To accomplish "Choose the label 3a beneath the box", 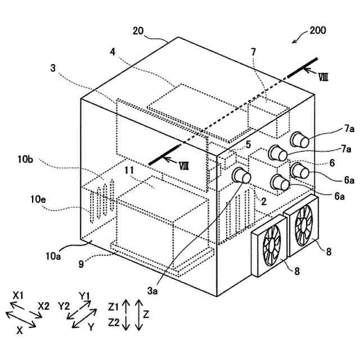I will (x=152, y=290).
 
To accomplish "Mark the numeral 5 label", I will (x=248, y=145).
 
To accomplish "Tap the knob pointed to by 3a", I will (x=242, y=175).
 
